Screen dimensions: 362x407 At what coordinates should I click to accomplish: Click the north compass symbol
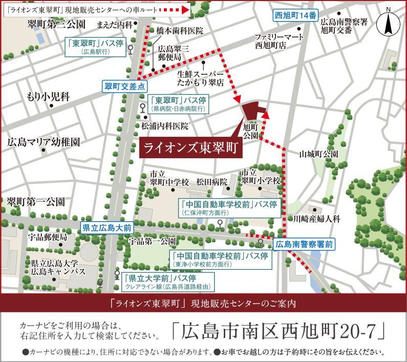pyautogui.click(x=388, y=23)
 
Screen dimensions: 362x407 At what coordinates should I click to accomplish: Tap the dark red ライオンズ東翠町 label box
pyautogui.click(x=191, y=147)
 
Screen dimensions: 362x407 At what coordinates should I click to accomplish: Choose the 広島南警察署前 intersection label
pyautogui.click(x=304, y=244)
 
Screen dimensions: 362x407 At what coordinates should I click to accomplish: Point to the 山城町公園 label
pyautogui.click(x=319, y=154)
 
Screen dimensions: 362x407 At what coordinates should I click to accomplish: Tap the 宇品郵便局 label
pyautogui.click(x=48, y=237)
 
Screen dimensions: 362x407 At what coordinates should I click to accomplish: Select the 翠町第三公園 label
pyautogui.click(x=56, y=24)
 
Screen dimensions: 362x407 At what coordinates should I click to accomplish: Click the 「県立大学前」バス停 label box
pyautogui.click(x=169, y=282)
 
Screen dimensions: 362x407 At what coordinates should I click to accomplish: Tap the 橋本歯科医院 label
pyautogui.click(x=180, y=31)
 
